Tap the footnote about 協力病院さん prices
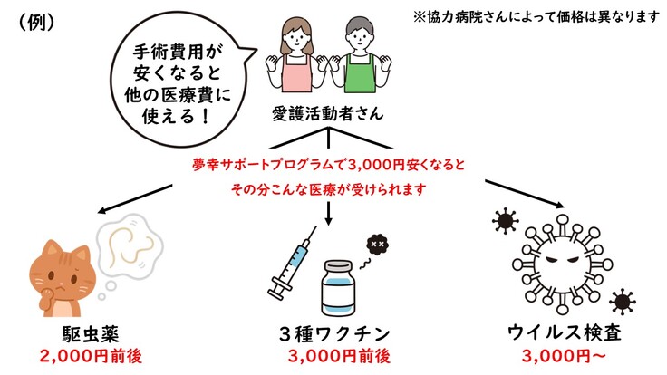(536, 17)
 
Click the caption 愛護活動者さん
(327, 114)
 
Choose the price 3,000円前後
(338, 354)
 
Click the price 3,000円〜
(562, 354)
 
